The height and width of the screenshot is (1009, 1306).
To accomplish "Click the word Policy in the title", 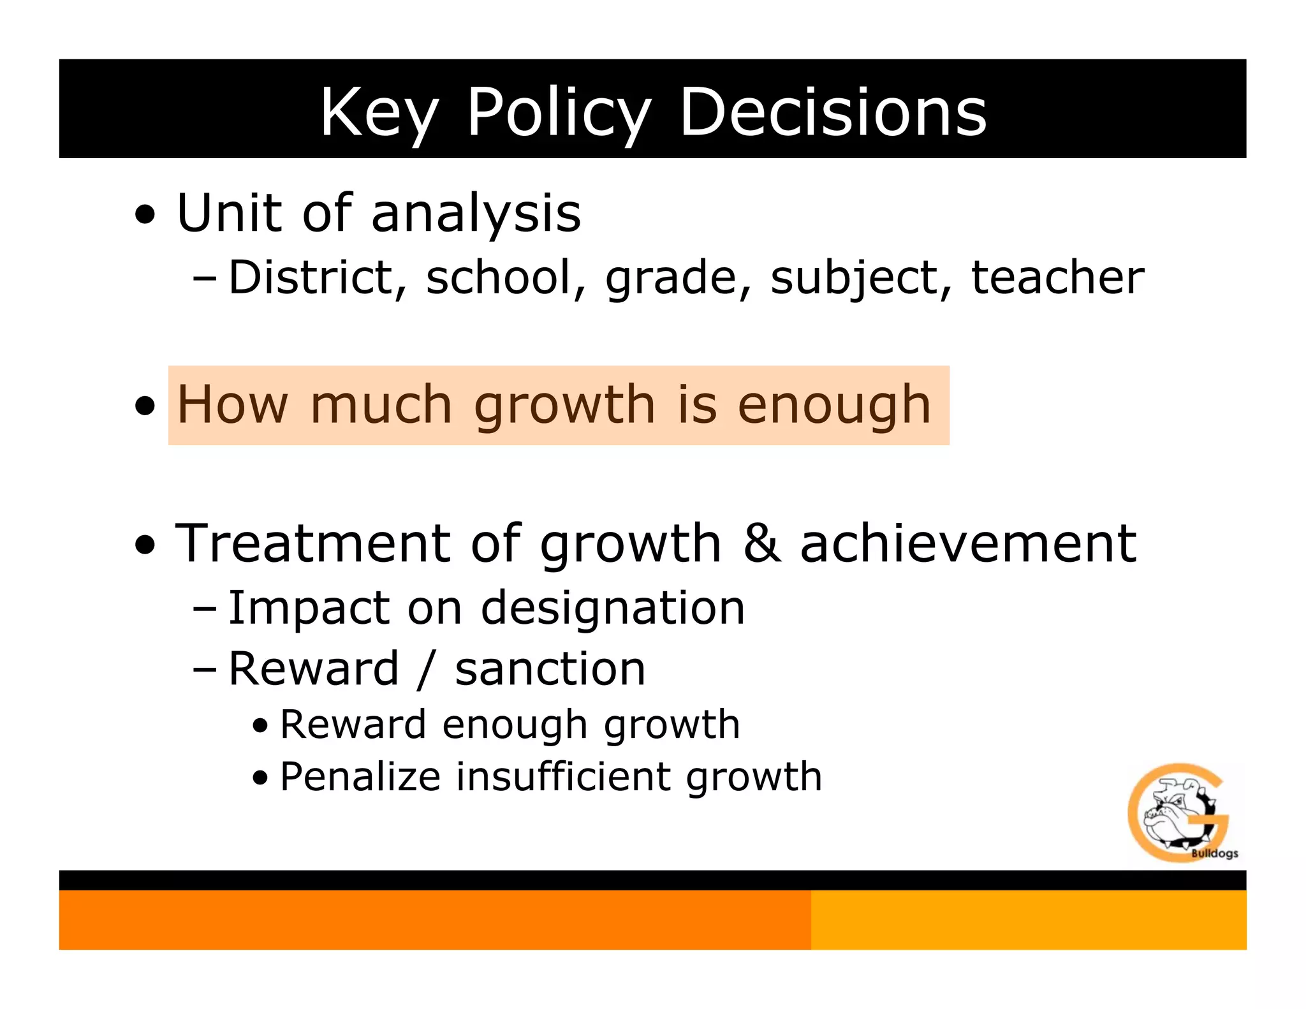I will pyautogui.click(x=559, y=114).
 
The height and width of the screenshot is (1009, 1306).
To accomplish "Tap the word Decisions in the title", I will pyautogui.click(x=833, y=112).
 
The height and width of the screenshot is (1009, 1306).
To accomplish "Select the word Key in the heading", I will pyautogui.click(x=379, y=114).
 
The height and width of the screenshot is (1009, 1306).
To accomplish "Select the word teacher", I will pyautogui.click(x=1057, y=277).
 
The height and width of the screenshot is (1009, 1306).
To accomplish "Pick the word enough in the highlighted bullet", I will pyautogui.click(x=834, y=406).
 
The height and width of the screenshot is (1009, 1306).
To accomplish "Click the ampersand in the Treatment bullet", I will pyautogui.click(x=761, y=543).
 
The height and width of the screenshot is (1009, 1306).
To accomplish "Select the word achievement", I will pyautogui.click(x=967, y=543).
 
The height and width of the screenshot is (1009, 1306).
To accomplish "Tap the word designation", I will pyautogui.click(x=612, y=609).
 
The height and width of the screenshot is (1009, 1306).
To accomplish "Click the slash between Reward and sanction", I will pyautogui.click(x=426, y=670).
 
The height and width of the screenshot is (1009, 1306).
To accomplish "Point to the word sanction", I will pyautogui.click(x=550, y=670).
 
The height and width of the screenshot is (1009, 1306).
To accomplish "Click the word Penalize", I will pyautogui.click(x=360, y=777).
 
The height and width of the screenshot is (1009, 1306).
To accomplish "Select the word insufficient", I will pyautogui.click(x=562, y=777).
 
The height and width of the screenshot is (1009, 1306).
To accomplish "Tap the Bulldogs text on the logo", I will pyautogui.click(x=1214, y=853).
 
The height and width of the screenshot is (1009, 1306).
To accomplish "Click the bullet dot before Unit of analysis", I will pyautogui.click(x=145, y=215).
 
